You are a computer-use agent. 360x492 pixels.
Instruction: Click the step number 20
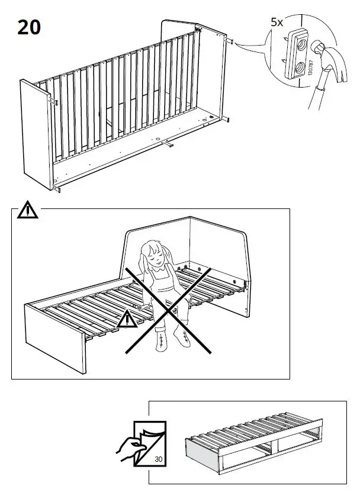(30, 27)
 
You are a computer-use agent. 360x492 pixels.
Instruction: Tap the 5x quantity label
(277, 22)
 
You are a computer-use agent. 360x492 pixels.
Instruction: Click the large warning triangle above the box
(27, 210)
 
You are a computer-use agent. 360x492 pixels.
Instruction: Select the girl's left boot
(179, 338)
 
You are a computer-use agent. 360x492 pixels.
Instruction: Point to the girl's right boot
(160, 342)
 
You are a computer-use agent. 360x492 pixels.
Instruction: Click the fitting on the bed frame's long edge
(169, 144)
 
